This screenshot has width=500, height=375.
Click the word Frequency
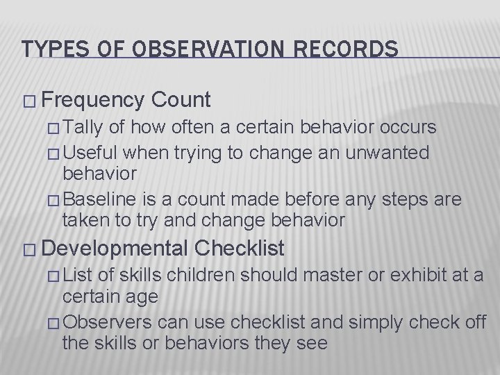(x=92, y=101)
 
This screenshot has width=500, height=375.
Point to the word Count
(x=180, y=101)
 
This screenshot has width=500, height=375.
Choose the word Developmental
(x=115, y=248)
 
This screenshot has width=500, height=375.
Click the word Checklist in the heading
(x=240, y=248)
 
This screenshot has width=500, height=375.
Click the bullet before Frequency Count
(x=28, y=101)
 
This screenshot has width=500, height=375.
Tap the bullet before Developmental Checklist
(x=28, y=249)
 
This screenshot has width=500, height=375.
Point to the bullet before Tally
(x=56, y=128)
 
